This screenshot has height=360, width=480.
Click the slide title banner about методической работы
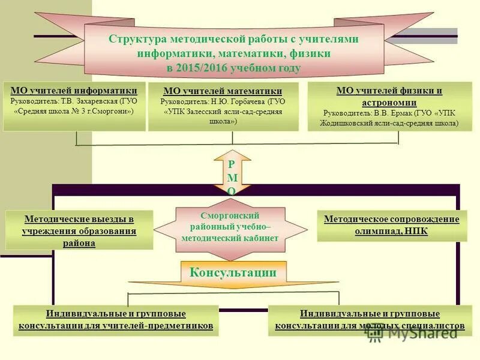234,53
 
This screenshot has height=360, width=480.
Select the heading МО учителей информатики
74,90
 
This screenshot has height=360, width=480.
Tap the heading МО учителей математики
223,91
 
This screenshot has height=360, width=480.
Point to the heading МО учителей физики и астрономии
389,96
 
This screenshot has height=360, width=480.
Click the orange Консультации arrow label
233,273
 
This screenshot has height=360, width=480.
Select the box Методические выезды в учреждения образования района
79,231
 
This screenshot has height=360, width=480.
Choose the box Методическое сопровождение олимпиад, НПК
391,225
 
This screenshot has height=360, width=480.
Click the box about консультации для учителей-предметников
116,320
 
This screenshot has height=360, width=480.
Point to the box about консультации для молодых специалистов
370,320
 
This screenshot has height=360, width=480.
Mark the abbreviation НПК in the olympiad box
415,231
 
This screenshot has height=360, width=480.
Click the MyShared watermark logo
414,332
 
